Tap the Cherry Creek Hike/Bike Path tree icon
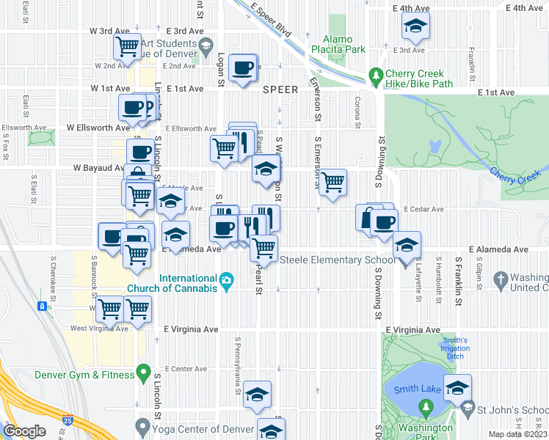click(x=377, y=75)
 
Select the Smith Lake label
click(x=416, y=389)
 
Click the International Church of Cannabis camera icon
click(x=226, y=279)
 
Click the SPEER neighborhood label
click(x=280, y=89)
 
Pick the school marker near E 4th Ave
click(x=415, y=28)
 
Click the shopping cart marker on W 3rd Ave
click(x=128, y=47)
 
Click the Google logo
click(x=24, y=431)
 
